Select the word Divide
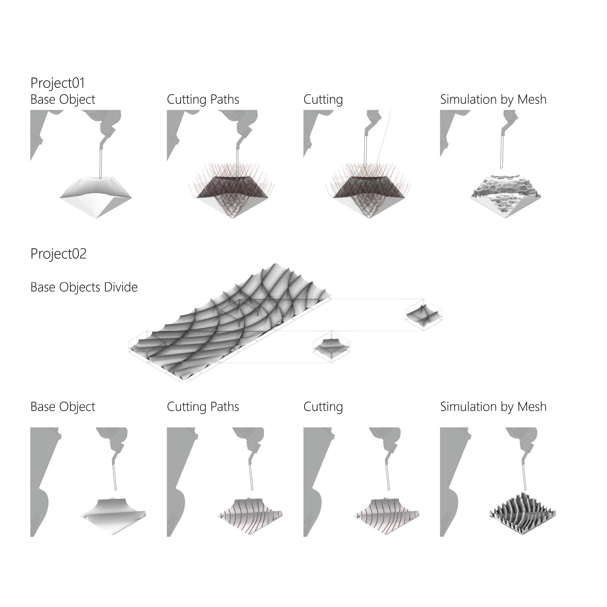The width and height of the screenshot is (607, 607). pos(121,287)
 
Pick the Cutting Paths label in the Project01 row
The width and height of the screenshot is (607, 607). pos(203,100)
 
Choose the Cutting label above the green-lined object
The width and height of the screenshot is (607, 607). pos(323,100)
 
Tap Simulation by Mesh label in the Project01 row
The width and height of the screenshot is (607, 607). pos(493,100)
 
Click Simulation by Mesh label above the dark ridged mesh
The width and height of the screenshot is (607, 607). pos(493,407)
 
